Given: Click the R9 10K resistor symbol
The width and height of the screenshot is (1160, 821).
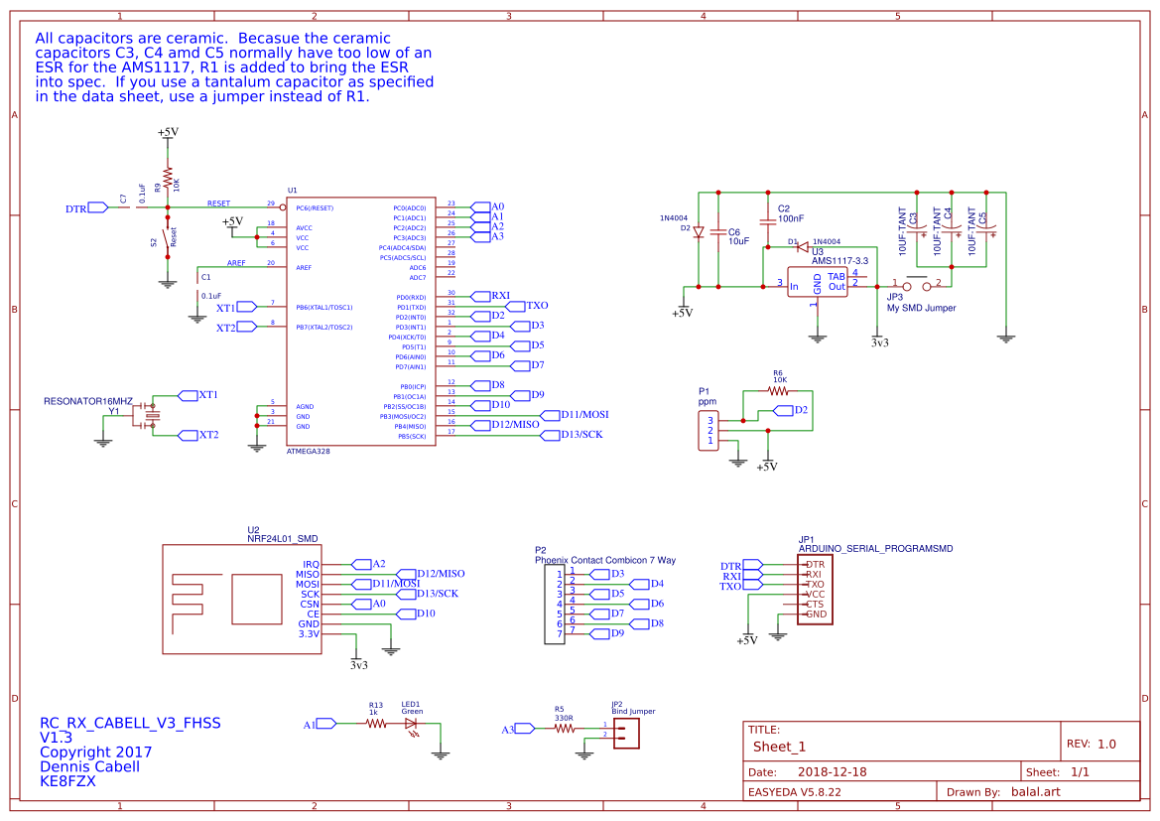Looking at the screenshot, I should [x=168, y=181].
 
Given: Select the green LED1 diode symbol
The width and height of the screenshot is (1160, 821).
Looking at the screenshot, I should [x=412, y=724].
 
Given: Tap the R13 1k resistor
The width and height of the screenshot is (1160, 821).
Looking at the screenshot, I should [x=375, y=724].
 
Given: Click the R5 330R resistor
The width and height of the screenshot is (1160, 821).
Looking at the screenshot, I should [x=564, y=728].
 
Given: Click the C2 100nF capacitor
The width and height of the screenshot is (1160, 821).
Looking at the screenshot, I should [x=767, y=219].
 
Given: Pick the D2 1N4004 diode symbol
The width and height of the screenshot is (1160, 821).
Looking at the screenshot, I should [x=699, y=232].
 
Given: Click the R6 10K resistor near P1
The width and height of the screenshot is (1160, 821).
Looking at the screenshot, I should [x=779, y=390].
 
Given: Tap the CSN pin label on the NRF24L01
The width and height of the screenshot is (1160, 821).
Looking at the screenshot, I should [x=310, y=604].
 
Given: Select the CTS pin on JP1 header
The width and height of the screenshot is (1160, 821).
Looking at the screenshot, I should [x=814, y=604].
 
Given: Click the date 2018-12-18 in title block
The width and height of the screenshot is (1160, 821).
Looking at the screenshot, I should [x=832, y=771].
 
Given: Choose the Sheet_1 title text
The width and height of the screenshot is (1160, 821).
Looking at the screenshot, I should [x=779, y=747].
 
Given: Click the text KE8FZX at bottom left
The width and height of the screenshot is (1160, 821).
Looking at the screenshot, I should [x=67, y=781].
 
